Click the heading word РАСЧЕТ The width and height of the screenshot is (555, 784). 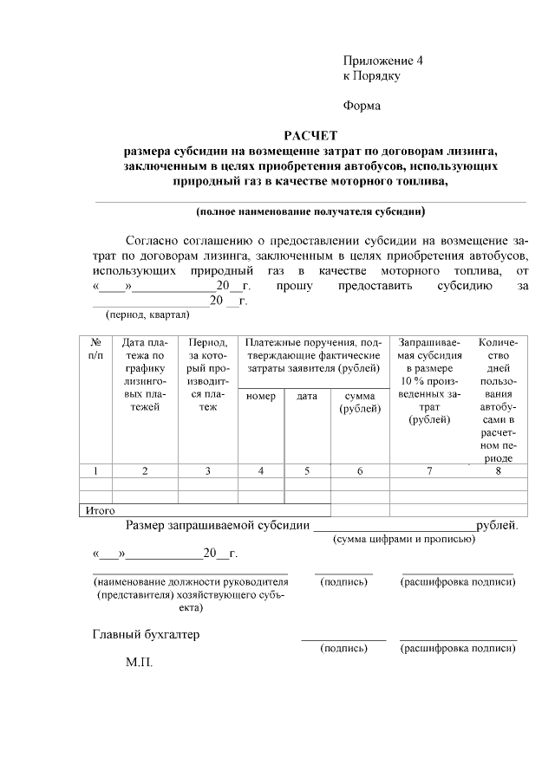tap(310, 135)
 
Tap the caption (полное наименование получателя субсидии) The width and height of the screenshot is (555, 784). tap(310, 211)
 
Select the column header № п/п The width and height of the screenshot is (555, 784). tap(95, 349)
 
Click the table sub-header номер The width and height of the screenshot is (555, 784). tap(261, 396)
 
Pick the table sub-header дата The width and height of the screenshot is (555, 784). tap(307, 396)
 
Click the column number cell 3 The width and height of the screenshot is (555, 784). tap(207, 470)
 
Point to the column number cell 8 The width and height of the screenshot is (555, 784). tap(498, 470)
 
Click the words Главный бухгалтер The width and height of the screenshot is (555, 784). tap(146, 634)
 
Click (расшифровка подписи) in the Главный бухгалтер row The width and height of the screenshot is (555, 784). tap(457, 648)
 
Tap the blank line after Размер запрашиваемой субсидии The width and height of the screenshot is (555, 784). tap(394, 525)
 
